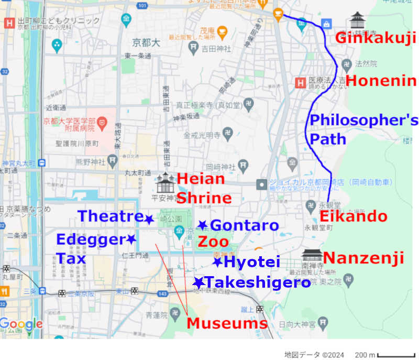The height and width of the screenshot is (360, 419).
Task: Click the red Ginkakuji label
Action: pos(375,38)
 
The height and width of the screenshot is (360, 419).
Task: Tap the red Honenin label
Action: pos(381,81)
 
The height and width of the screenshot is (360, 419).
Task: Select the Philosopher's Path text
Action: pos(363,129)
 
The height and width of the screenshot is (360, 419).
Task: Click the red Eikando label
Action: pos(354,216)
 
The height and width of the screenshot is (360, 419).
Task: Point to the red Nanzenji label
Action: pos(363,258)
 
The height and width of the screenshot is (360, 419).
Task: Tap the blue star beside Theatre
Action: pos(149,220)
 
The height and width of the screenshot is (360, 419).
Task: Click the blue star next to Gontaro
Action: pos(202,225)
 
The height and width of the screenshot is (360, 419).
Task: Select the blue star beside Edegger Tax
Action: pos(131,239)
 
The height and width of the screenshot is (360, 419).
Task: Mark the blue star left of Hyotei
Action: pos(217,262)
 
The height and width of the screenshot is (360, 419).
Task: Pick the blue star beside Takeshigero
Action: pos(198,283)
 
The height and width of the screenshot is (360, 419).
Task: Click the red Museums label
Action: pos(227,323)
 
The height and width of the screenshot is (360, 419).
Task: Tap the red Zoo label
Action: pos(213,242)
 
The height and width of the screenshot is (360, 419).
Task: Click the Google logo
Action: pos(21,324)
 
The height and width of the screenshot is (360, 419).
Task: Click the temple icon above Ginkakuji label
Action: pos(358,20)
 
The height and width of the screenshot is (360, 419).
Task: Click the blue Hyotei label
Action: pos(252,262)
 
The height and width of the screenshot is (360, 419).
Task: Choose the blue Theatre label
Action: pos(110,216)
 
